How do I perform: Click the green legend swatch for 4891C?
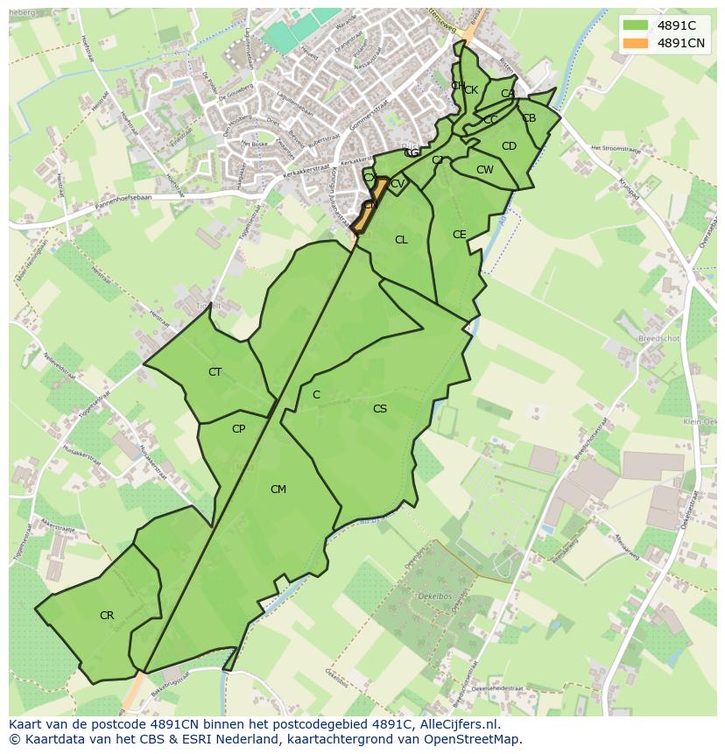coord(636,26)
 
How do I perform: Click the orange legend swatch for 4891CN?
coord(636,43)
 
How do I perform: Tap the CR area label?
coord(107,616)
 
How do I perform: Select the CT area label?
coord(215,372)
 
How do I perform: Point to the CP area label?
coord(238,429)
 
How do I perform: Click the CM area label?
coord(278,490)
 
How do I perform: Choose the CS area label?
coord(379,409)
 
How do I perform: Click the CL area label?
coord(401,240)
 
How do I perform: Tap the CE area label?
coord(459,235)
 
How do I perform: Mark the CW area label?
coord(484,170)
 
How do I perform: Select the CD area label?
coord(509,146)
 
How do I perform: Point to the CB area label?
coord(529,118)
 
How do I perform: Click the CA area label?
coord(508,94)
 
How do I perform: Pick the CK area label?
coord(471,90)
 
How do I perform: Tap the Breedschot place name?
coord(658,337)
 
